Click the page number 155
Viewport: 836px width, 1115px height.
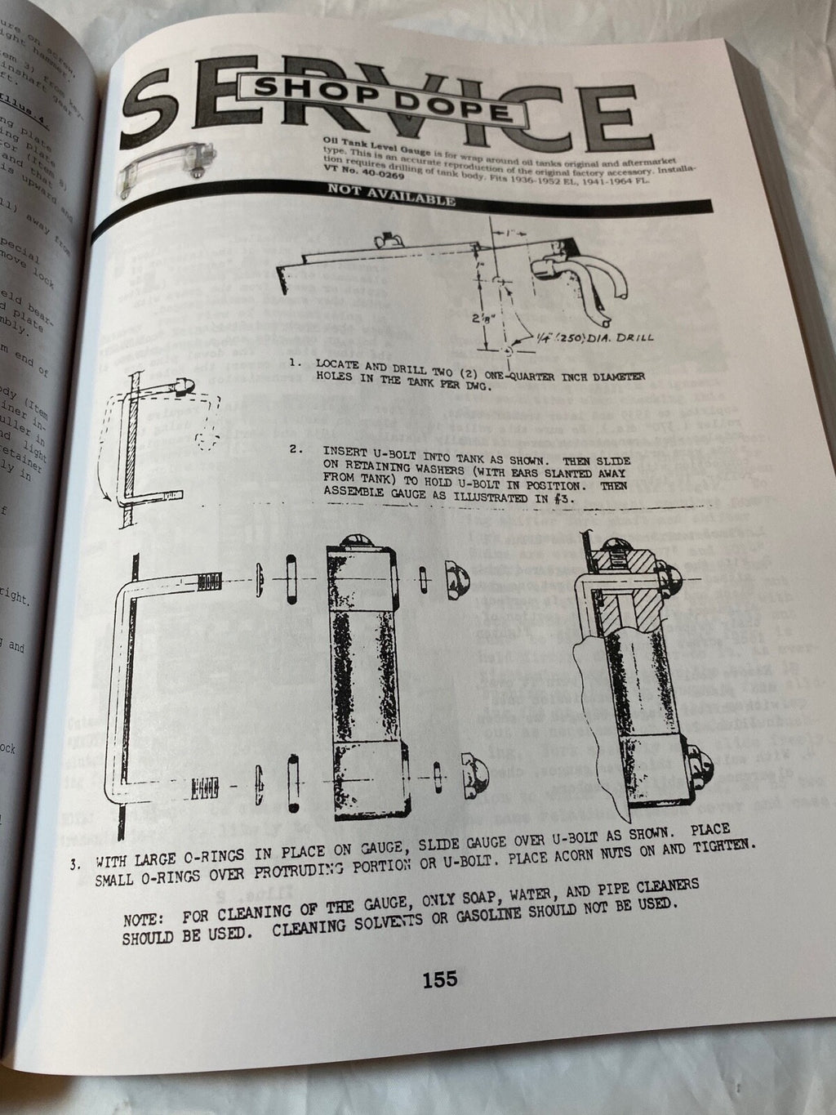point(439,979)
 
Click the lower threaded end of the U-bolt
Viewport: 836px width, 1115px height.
point(206,789)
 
